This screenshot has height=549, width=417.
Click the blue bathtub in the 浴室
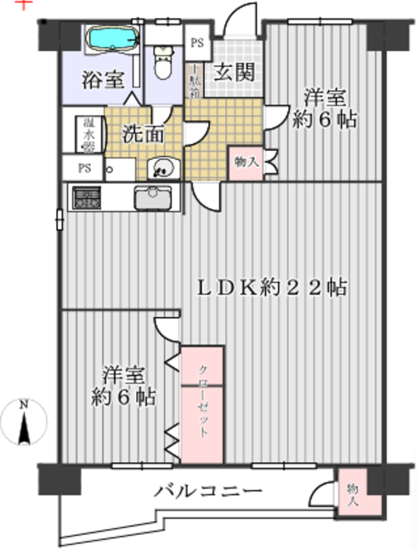(113, 39)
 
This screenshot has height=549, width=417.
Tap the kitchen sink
(152, 198)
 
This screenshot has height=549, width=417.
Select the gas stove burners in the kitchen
(87, 198)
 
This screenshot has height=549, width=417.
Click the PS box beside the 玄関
(196, 42)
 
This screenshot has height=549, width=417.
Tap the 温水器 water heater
(87, 133)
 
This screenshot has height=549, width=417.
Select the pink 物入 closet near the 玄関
(246, 163)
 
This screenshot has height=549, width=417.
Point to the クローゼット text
(202, 404)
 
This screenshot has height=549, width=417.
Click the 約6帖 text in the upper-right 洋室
(325, 120)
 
